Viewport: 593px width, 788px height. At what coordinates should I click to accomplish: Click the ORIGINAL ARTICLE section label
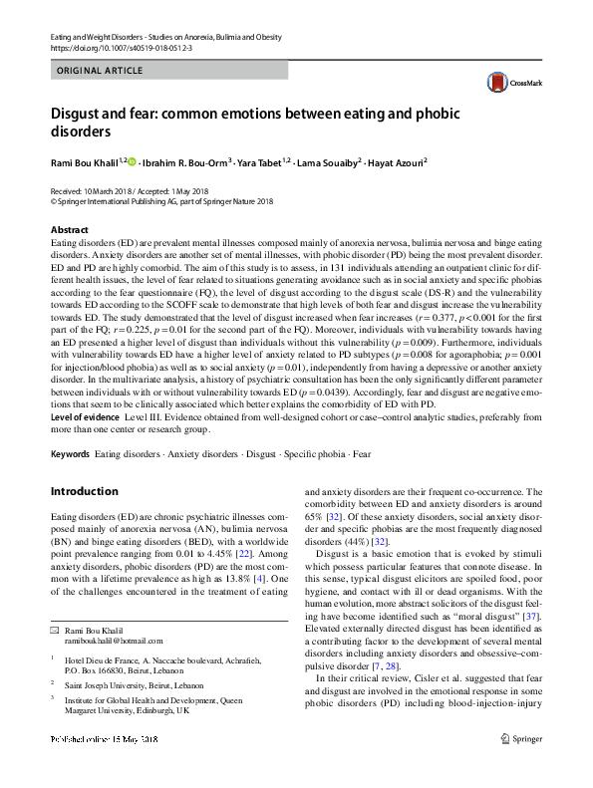pos(101,71)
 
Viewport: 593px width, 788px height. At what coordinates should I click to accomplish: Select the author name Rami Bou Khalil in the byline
pos(84,159)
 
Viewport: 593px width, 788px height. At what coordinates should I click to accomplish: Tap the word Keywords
pos(70,454)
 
